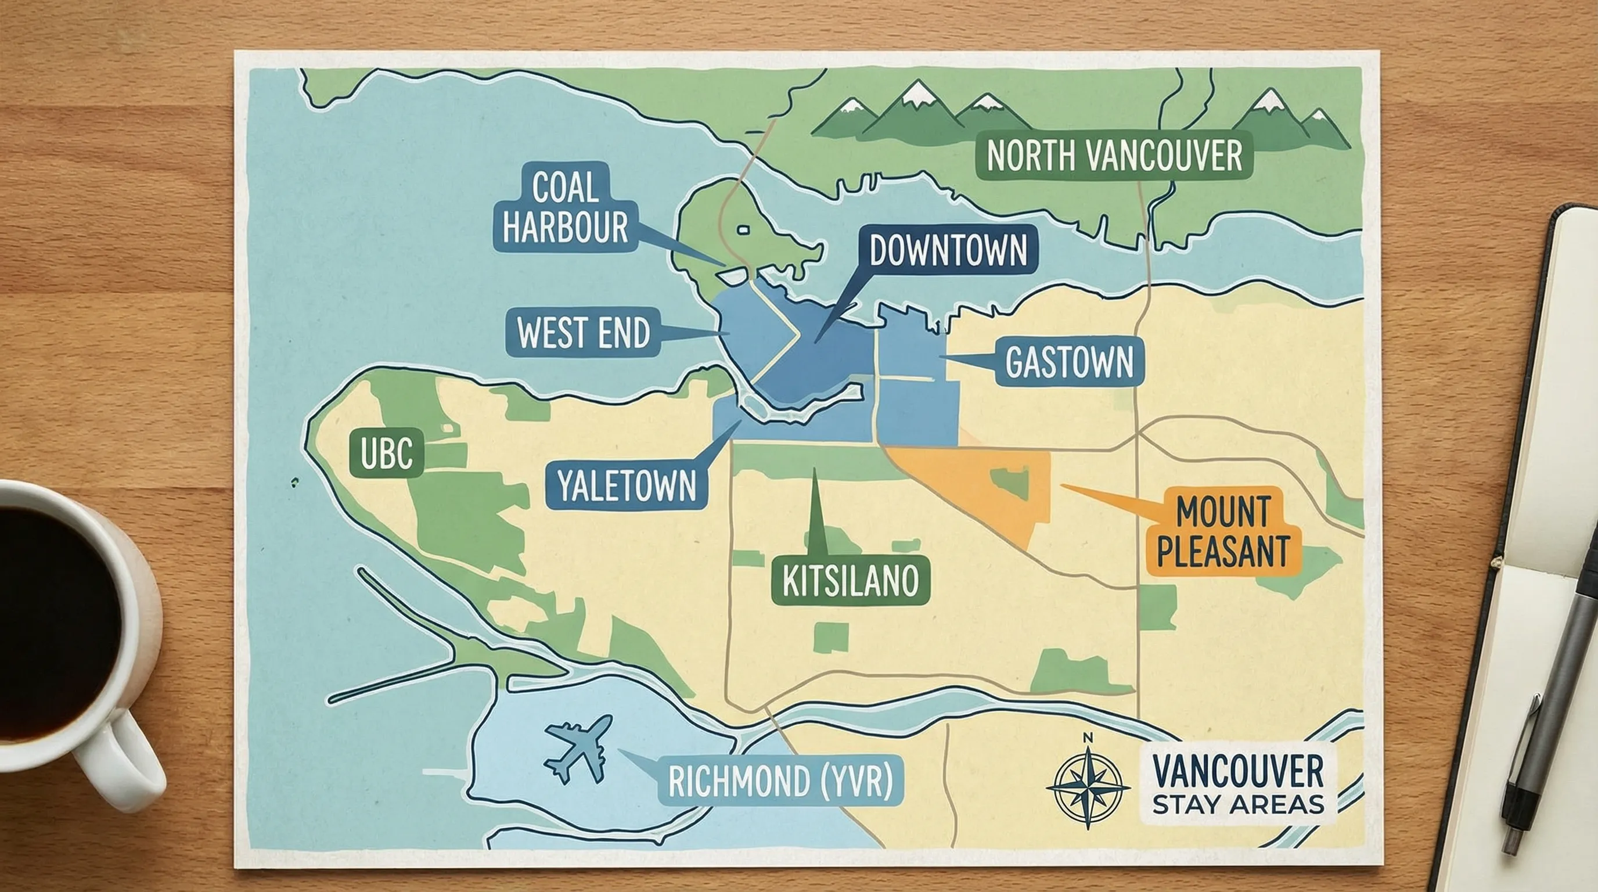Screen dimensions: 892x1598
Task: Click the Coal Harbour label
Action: [565, 207]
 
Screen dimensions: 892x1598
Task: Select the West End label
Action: [583, 333]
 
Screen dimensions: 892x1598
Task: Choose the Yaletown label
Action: [627, 485]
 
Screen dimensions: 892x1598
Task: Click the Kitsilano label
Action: [851, 581]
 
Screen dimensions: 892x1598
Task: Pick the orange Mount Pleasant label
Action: [1223, 531]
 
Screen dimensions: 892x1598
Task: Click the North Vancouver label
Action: [1114, 155]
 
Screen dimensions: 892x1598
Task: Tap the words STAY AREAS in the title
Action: [1237, 804]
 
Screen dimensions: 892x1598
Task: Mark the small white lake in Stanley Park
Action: [743, 230]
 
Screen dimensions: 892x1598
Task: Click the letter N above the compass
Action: [1088, 738]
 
